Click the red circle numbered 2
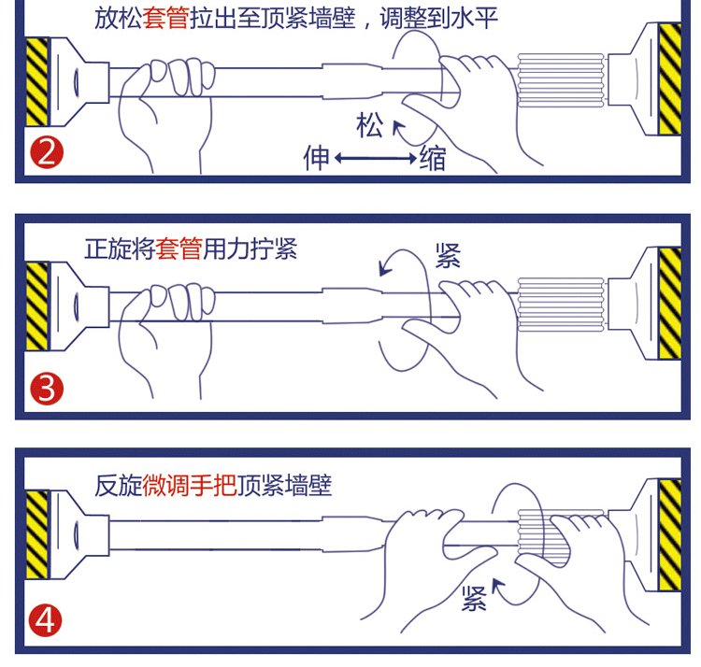pos(47,152)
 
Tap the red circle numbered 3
pos(47,389)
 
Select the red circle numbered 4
pos(45,620)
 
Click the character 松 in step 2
pos(369,125)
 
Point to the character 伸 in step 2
pos(317,157)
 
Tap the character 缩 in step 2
pos(433,158)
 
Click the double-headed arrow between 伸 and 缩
pos(376,158)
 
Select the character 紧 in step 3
pos(448,256)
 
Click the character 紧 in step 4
pos(474,598)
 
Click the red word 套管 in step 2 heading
pos(165,19)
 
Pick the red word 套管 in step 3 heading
pos(179,248)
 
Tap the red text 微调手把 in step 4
pos(190,485)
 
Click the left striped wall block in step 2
pos(36,82)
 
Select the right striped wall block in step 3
pos(670,303)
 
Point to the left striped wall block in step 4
pos(36,534)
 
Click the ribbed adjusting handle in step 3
pos(561,305)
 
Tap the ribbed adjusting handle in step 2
pos(561,80)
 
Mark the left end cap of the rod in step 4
pos(79,534)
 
